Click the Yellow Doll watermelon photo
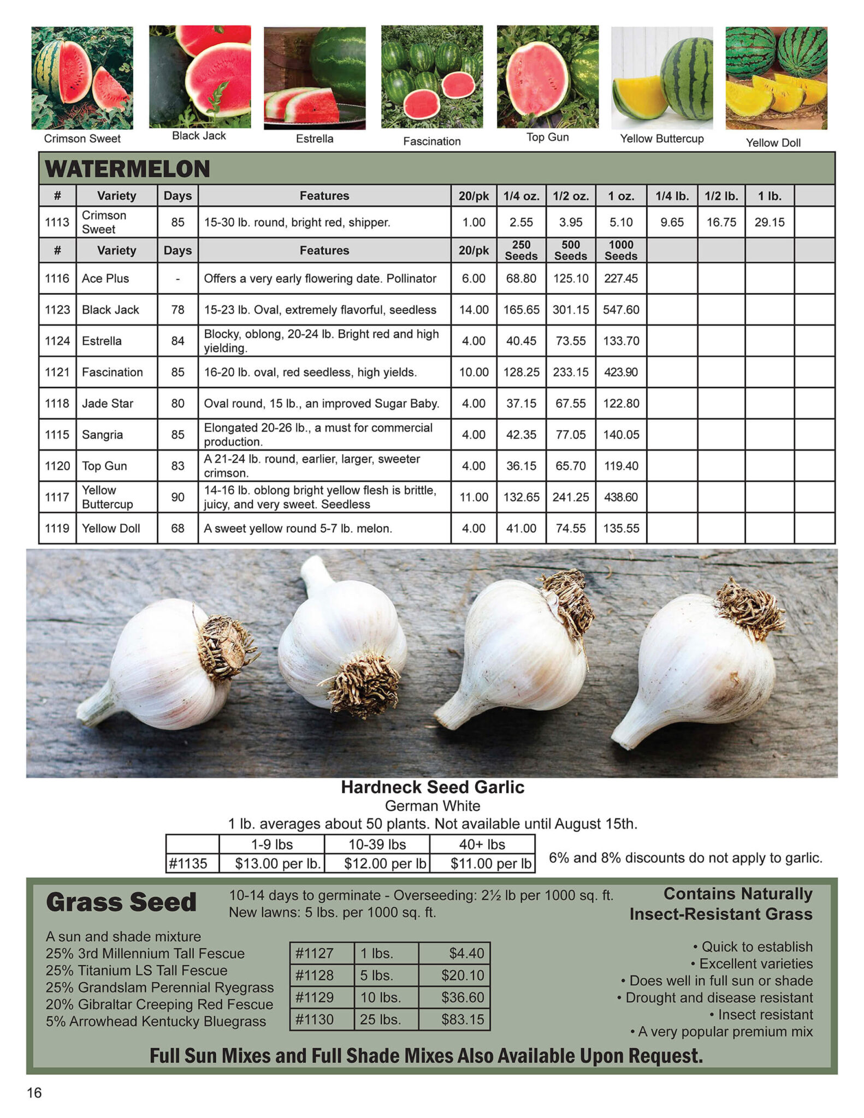(x=776, y=78)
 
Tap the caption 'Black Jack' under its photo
(x=199, y=136)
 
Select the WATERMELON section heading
(x=127, y=169)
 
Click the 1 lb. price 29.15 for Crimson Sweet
(x=769, y=222)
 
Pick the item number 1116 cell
(x=57, y=278)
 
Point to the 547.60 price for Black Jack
(x=620, y=310)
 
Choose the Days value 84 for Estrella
(x=177, y=341)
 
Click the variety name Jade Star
(x=108, y=403)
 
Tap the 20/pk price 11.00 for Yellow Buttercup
(x=474, y=497)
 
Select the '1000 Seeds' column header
(x=620, y=250)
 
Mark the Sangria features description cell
(x=324, y=435)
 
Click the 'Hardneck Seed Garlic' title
(x=432, y=787)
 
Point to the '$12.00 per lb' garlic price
(x=384, y=863)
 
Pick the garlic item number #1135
(x=188, y=863)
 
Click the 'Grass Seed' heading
(x=121, y=902)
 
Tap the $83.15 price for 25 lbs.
(x=462, y=1019)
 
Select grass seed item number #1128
(x=314, y=975)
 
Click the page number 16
(x=34, y=1092)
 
